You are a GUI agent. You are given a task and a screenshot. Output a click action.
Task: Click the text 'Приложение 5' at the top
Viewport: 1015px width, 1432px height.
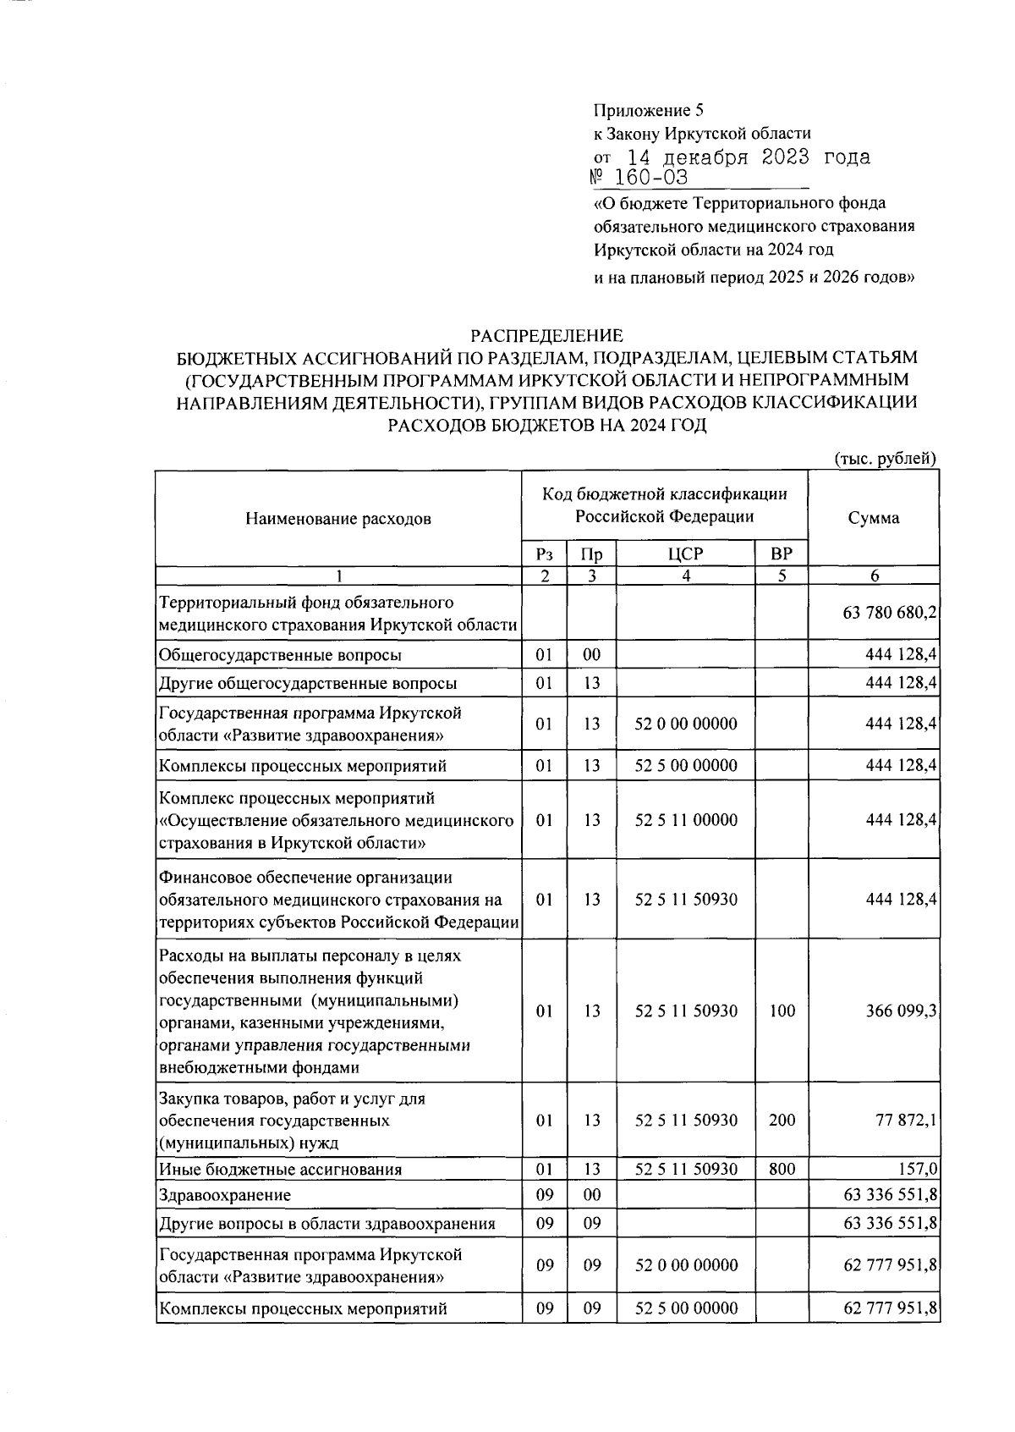(x=649, y=110)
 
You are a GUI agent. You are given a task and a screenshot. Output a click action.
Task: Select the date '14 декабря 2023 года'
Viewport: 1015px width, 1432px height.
(x=748, y=157)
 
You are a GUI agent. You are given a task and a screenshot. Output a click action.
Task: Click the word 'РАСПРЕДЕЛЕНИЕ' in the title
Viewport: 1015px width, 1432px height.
(x=546, y=336)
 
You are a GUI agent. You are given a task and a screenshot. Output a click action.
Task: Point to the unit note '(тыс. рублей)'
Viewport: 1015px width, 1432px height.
(x=886, y=459)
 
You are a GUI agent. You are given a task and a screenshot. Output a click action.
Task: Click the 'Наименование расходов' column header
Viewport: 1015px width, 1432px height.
(x=337, y=519)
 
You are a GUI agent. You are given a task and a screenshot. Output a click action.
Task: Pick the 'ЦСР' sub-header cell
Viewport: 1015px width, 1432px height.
(x=685, y=555)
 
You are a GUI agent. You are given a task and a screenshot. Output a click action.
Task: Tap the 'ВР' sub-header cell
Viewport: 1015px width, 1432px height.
(x=782, y=555)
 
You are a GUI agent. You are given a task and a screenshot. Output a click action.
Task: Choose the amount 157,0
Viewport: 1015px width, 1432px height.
(x=917, y=1170)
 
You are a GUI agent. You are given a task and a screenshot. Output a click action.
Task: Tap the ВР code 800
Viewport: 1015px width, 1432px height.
(x=782, y=1170)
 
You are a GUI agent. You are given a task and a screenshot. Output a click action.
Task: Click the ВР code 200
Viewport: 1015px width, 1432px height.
(x=782, y=1121)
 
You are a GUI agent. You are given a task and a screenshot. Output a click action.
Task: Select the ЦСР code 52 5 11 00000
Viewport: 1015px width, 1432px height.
(x=685, y=820)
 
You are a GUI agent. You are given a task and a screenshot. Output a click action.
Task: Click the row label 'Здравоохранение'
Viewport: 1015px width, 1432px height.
(x=225, y=1196)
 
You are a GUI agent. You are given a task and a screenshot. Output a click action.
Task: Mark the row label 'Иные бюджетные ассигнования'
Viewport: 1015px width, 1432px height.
(x=280, y=1170)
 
